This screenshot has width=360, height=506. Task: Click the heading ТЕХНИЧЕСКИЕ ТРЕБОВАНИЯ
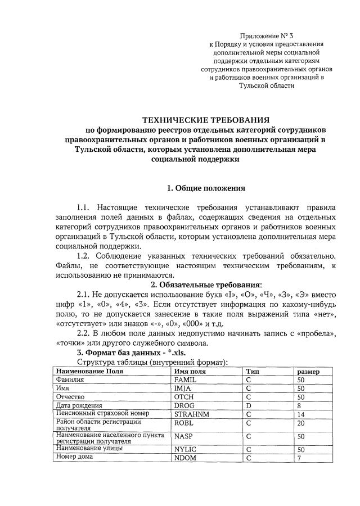pos(205,119)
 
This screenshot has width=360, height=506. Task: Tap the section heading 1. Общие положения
pos(205,187)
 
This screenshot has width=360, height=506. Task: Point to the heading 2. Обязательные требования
pos(205,283)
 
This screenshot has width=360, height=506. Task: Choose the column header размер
pos(308,372)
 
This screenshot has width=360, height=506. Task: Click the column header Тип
pos(252,372)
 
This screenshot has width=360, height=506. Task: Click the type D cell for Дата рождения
pos(248,405)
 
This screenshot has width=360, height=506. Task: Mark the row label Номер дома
pos(75,457)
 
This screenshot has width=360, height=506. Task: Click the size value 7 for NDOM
pos(299,457)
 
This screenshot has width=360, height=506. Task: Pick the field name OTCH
pos(184,397)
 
